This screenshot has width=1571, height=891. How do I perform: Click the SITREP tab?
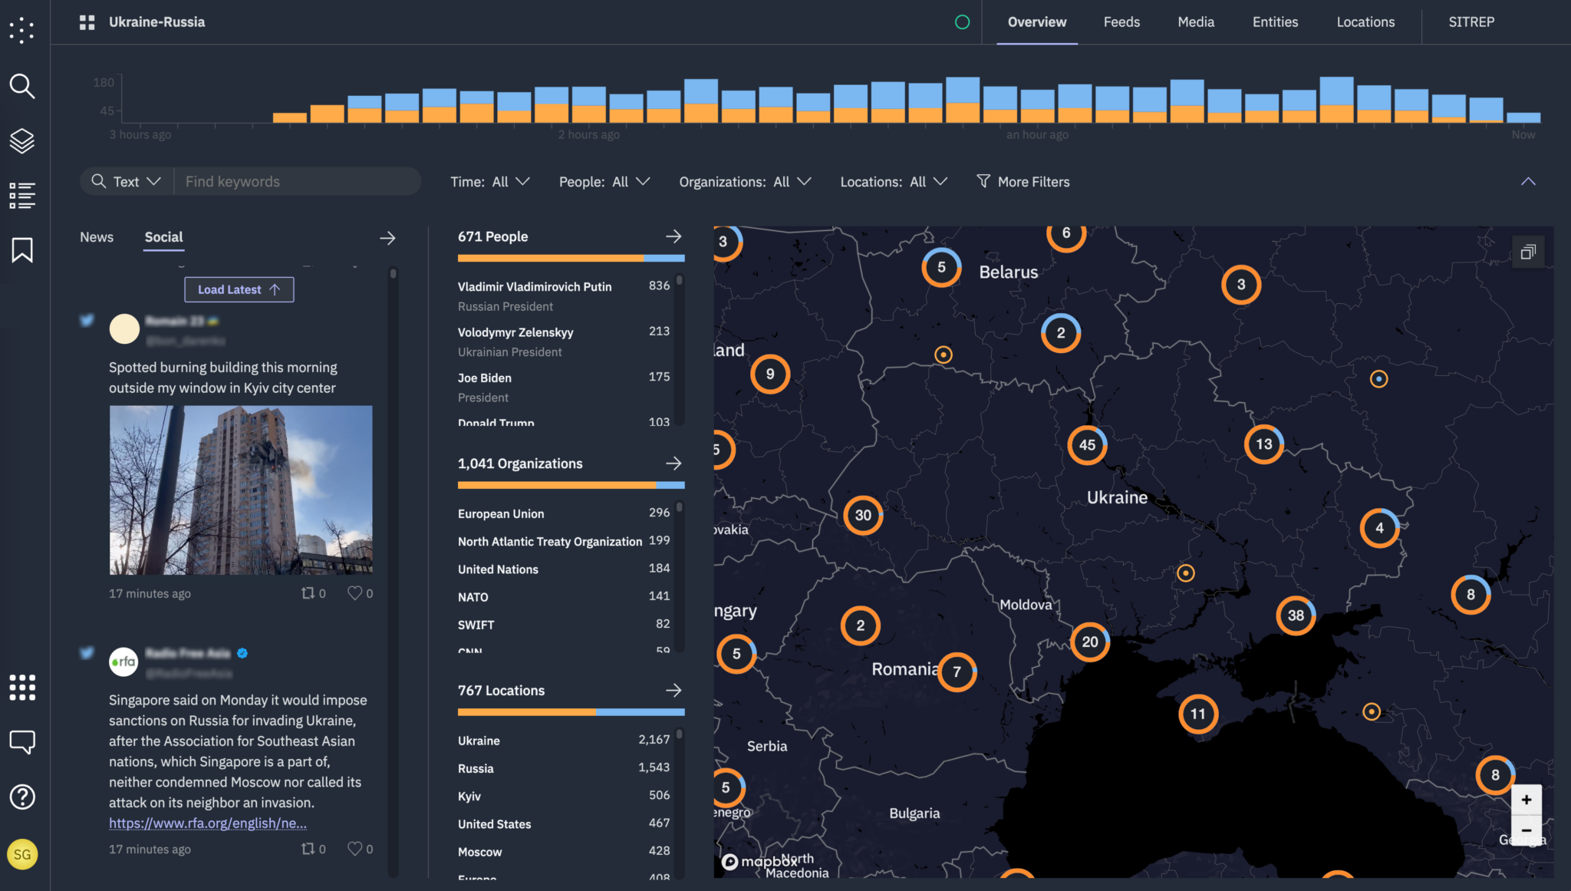click(1471, 22)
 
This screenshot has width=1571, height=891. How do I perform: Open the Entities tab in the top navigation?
click(1275, 22)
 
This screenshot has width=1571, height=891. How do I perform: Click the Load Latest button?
click(239, 289)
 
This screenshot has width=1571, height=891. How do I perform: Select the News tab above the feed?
click(97, 237)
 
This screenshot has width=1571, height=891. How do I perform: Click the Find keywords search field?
click(298, 182)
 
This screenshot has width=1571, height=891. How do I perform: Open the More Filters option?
click(1023, 182)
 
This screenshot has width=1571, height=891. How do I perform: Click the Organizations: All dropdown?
click(744, 182)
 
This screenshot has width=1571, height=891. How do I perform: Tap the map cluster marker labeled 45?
click(1087, 445)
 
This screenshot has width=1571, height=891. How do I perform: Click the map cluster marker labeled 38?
click(1296, 615)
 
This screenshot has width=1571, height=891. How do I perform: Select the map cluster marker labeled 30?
click(863, 516)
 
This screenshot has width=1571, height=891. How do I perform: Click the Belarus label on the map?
click(1008, 272)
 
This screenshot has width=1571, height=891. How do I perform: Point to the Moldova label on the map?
click(1026, 605)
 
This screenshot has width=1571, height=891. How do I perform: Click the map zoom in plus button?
click(1526, 800)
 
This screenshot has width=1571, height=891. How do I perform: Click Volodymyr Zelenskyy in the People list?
click(515, 332)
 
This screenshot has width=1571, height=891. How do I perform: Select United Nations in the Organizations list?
click(498, 569)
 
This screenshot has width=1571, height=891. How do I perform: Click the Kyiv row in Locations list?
click(469, 797)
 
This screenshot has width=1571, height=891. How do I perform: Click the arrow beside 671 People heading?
click(674, 236)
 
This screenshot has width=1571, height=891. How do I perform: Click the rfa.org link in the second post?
click(208, 823)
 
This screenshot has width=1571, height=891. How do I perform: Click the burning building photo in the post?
click(241, 490)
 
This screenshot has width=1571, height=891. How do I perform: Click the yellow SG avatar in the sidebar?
click(22, 854)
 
